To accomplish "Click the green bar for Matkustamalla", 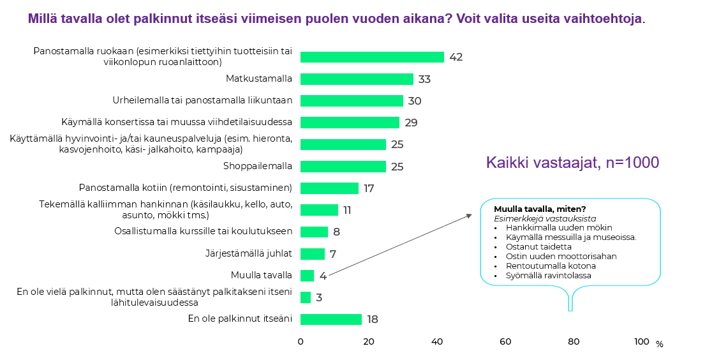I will (x=357, y=79).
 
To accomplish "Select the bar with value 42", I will (x=372, y=57).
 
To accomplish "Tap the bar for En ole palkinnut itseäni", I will (x=331, y=319).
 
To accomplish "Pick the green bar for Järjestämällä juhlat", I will (x=313, y=254).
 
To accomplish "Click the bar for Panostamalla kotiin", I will (x=329, y=188).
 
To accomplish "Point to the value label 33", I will (x=424, y=80).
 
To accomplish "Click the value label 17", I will (x=368, y=189).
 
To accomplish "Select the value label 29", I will (x=411, y=123).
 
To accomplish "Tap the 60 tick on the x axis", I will (x=505, y=342).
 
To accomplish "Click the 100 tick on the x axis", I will (x=641, y=342).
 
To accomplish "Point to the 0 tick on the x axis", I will (x=301, y=342).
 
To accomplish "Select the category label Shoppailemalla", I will (x=258, y=166).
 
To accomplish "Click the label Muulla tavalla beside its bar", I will (x=262, y=276).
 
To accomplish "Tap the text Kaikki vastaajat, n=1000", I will (x=572, y=163).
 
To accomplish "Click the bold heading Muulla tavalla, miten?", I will (x=540, y=209).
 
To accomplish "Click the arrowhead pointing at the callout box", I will (x=469, y=216).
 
